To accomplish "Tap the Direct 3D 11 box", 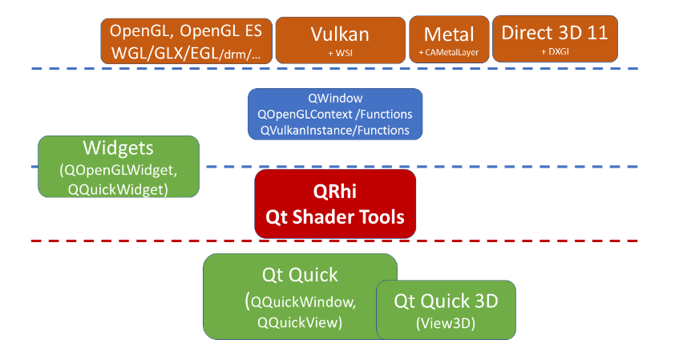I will point(554,39).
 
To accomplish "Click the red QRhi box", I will point(335,204).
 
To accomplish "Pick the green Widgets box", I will point(118,166).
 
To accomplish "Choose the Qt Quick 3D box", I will point(446,309).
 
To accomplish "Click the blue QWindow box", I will point(334,114).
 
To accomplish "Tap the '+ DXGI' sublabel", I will point(555,51).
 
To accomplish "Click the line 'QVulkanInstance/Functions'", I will point(335,130).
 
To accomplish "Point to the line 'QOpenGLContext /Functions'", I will point(335,114).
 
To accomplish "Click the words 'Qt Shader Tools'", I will point(335,216).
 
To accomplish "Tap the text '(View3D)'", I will point(446,323).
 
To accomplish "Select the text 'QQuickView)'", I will point(300,322).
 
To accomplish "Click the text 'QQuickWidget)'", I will point(119,189).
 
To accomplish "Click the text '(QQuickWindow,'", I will point(300,301).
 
